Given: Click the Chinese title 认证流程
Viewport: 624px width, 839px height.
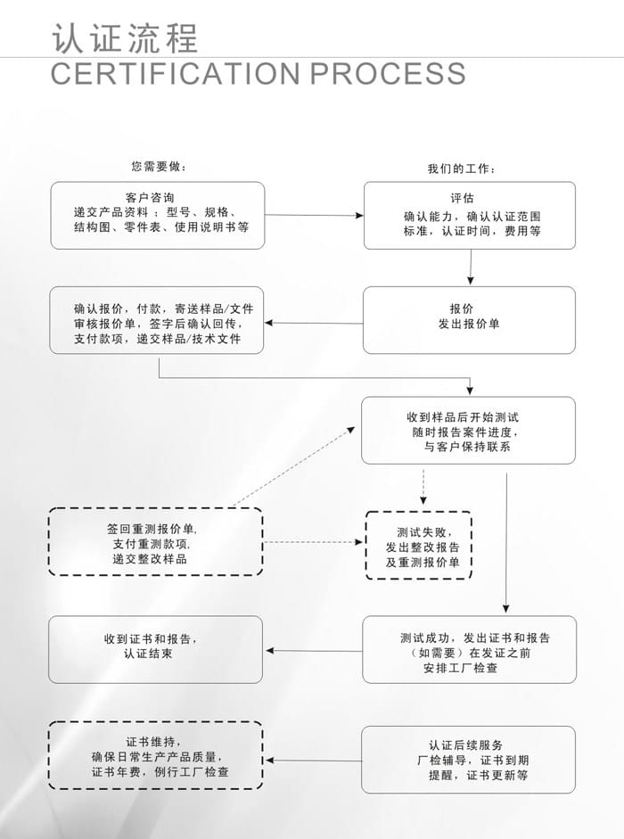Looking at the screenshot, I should (x=125, y=37).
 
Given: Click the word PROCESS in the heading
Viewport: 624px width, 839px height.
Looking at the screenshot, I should (x=388, y=73).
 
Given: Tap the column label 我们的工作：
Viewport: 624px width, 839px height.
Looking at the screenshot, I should (x=462, y=169).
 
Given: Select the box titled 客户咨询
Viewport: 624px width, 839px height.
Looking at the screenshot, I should (x=157, y=215).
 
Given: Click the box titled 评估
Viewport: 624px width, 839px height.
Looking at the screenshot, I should (x=469, y=215).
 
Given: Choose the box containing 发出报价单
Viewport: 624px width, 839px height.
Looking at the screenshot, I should (x=469, y=319).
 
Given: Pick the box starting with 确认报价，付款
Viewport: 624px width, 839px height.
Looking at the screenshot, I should (x=157, y=319).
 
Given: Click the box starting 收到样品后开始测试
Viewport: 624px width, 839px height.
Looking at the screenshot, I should (x=468, y=430).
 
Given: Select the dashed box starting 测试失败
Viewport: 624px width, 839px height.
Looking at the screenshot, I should (x=419, y=546).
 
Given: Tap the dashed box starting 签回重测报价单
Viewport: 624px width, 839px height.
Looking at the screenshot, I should (x=156, y=542).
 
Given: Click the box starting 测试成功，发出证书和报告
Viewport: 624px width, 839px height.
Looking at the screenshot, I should (x=469, y=650).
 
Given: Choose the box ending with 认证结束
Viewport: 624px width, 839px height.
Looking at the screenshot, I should (x=156, y=649).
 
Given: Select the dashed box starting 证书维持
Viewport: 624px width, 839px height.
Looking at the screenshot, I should (x=156, y=756).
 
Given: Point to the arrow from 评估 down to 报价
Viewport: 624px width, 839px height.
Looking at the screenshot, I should (x=471, y=267).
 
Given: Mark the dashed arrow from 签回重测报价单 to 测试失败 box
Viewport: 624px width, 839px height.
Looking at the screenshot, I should (x=314, y=542).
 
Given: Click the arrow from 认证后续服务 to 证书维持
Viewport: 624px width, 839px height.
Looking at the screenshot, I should (x=312, y=761).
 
